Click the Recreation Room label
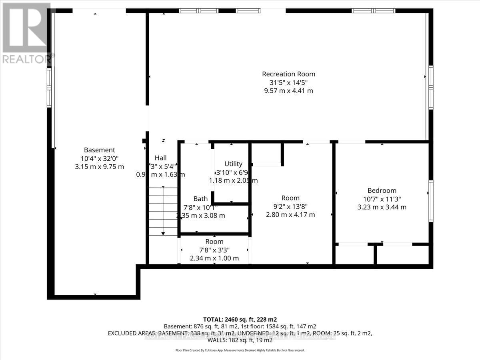(x=288, y=74)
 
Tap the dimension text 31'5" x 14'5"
(x=288, y=82)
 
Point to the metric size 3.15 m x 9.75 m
(x=99, y=167)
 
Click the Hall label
(x=160, y=158)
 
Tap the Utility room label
(x=233, y=164)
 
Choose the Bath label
(x=200, y=199)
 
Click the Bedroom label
(x=382, y=190)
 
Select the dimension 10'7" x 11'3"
(x=382, y=199)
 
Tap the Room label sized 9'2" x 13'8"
(x=290, y=198)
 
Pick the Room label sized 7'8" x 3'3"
(x=214, y=242)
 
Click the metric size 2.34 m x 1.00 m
(x=214, y=258)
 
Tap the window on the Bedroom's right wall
(x=430, y=201)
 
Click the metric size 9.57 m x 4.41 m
(x=288, y=91)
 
